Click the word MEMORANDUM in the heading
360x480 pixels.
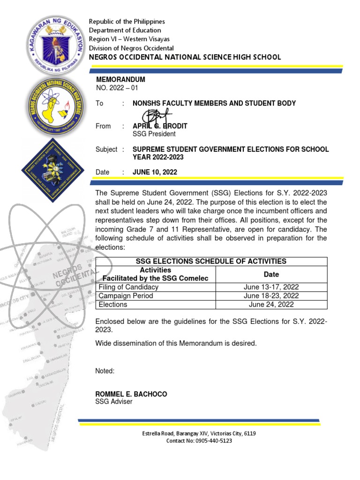[120, 80]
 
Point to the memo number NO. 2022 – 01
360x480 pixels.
[117, 88]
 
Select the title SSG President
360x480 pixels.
[155, 134]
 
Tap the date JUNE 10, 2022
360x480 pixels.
[155, 172]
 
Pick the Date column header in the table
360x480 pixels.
[271, 274]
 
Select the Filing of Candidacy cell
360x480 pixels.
[128, 287]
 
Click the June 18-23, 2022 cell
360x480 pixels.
[271, 296]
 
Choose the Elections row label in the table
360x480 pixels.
[113, 304]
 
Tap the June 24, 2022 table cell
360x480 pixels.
[271, 304]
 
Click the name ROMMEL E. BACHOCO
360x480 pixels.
[131, 394]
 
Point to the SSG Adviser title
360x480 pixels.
[114, 402]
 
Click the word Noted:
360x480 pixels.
[105, 371]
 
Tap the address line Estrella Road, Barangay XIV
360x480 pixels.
[199, 434]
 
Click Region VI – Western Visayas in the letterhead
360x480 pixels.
[129, 39]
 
